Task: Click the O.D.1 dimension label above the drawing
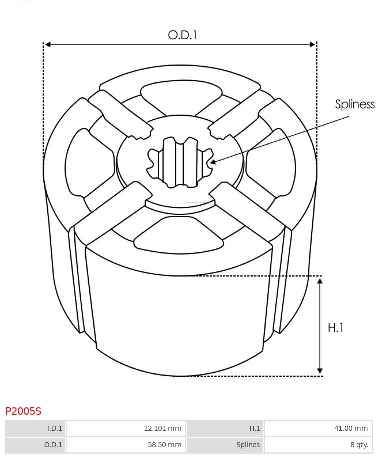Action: point(182,35)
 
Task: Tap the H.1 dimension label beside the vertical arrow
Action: point(336,328)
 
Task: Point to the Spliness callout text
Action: point(355,104)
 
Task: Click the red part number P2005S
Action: point(23,411)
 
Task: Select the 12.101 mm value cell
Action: point(126,428)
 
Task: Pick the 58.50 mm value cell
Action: point(126,445)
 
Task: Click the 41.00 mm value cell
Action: point(318,428)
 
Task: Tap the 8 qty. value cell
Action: point(318,445)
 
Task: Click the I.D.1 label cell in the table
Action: point(36,428)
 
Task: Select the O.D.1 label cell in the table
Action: point(36,445)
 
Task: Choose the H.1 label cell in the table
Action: point(225,428)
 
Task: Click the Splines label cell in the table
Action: point(225,445)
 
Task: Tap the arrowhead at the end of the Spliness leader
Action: point(212,162)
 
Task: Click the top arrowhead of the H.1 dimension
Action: point(320,281)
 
